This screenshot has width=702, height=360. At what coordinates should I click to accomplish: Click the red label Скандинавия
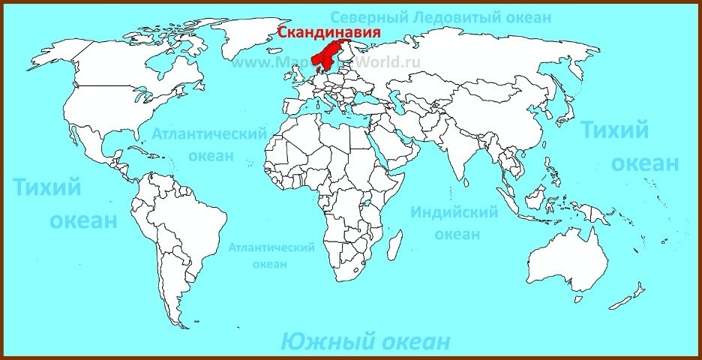328,32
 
